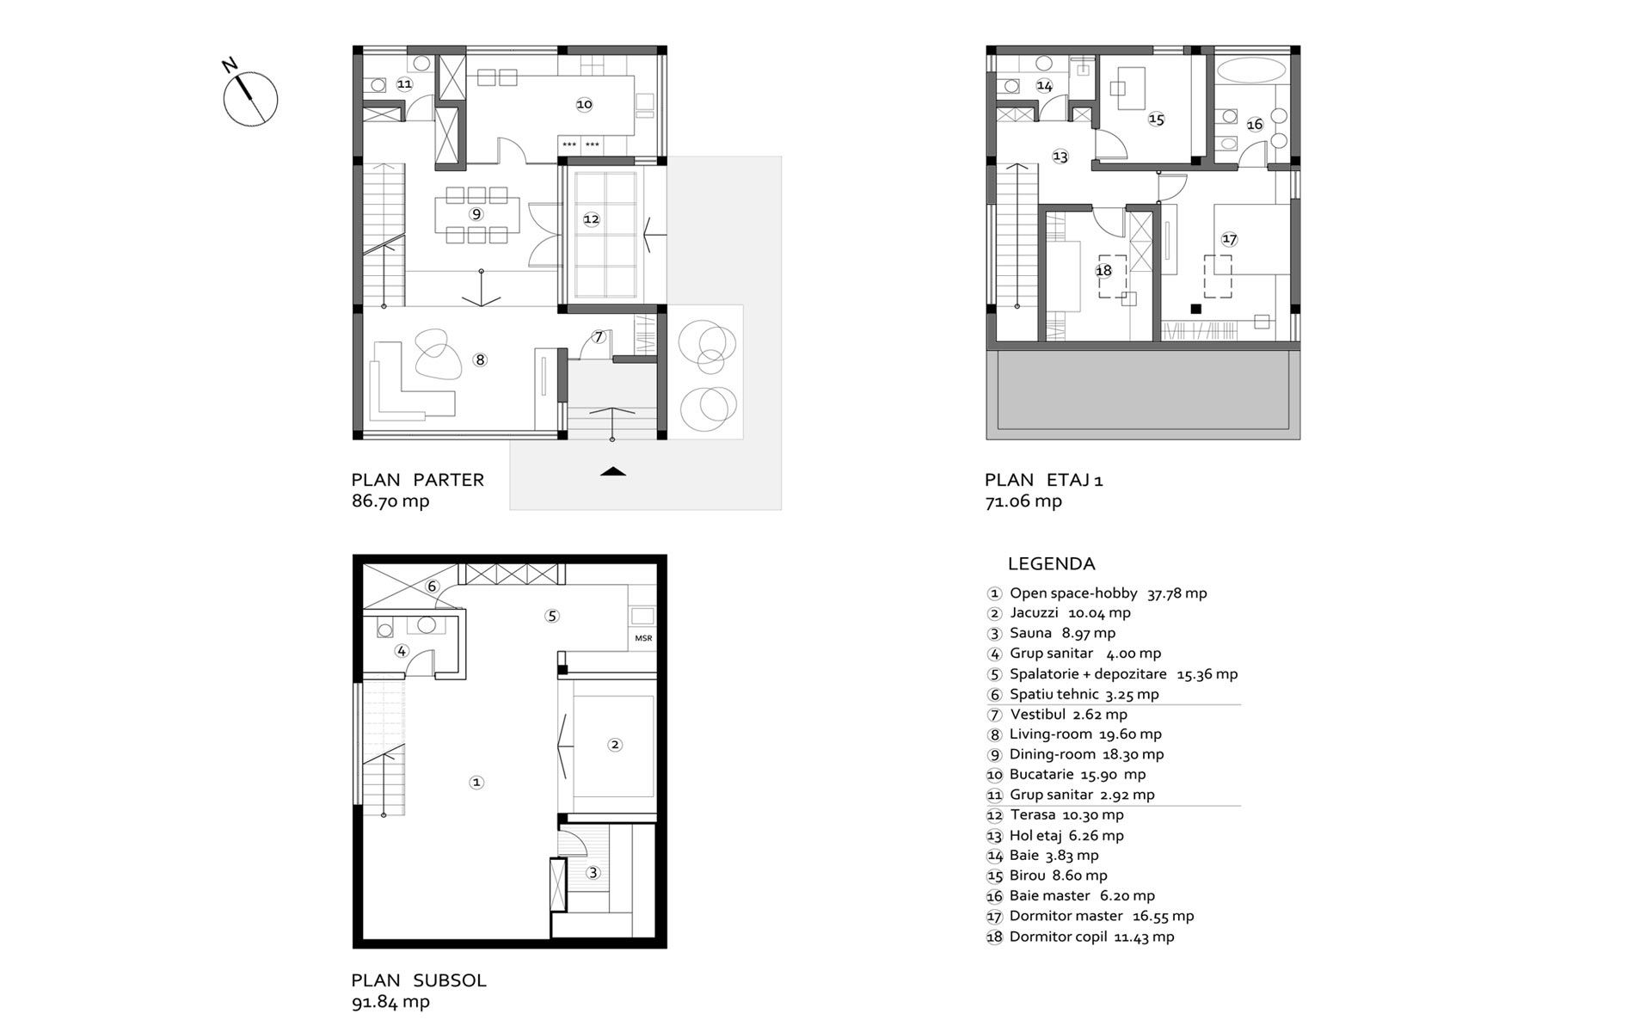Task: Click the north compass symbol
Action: tap(250, 98)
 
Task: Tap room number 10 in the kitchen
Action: tap(584, 105)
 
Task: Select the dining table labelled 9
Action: tap(476, 213)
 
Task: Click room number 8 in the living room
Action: tap(480, 359)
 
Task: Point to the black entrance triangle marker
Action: tap(612, 470)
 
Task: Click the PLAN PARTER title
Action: tap(418, 480)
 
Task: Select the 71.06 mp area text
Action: tap(1023, 501)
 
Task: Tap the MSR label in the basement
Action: tap(643, 638)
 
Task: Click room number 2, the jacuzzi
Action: tap(614, 745)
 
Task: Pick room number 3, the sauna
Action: tap(593, 873)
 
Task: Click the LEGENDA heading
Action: tap(1051, 564)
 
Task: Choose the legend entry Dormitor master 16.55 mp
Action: tap(1090, 917)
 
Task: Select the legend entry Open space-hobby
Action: tap(1096, 593)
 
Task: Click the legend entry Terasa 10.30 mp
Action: tap(1055, 815)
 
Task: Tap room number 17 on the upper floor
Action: tap(1229, 239)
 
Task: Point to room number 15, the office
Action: tap(1156, 120)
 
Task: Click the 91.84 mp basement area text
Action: tap(390, 1002)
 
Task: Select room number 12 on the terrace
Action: tap(591, 219)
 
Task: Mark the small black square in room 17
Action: tap(1195, 308)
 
